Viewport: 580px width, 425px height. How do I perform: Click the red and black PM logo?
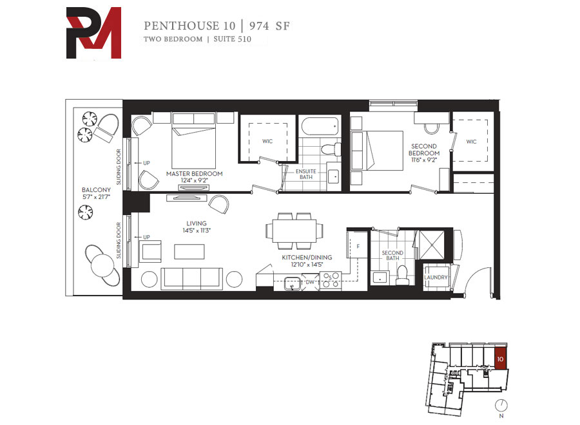pos(93,33)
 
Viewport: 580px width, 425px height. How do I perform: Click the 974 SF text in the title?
pos(269,26)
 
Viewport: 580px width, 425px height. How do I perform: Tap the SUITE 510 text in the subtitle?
pos(232,39)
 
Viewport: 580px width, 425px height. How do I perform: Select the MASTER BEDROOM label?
pos(194,174)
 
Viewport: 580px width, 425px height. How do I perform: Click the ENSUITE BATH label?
pos(306,174)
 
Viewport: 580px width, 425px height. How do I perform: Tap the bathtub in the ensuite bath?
pos(320,127)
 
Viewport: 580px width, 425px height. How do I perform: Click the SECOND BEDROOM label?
pos(424,149)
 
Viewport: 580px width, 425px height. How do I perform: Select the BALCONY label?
pos(96,190)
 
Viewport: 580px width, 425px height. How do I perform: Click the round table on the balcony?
pos(102,265)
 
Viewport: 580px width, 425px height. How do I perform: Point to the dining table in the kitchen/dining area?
pos(295,231)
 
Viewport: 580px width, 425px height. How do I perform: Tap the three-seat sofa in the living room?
pos(191,278)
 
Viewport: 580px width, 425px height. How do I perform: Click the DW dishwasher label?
pos(310,282)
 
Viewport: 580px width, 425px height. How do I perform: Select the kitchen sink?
pos(293,283)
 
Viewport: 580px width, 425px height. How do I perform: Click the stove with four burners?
pos(331,280)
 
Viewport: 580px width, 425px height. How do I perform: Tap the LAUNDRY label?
pos(436,277)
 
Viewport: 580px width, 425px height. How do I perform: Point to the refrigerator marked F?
pos(357,245)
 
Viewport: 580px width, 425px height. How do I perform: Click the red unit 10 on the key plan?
pos(501,358)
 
